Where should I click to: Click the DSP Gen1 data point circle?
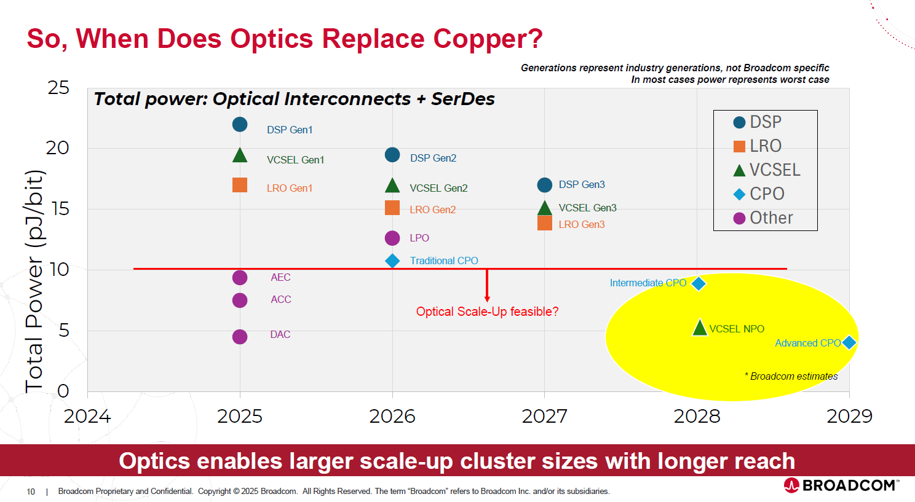tap(240, 124)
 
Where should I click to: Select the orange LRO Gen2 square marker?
tap(392, 208)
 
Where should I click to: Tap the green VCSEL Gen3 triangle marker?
tap(544, 208)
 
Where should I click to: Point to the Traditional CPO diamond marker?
tap(392, 261)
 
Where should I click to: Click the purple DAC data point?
tap(240, 337)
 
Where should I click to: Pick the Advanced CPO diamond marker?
tap(849, 342)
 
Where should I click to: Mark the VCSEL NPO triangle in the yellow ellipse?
tap(700, 327)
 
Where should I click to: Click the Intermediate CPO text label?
tap(648, 283)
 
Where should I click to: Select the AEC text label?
tap(280, 278)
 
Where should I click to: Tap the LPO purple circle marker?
tap(392, 238)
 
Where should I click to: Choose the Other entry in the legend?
tap(763, 218)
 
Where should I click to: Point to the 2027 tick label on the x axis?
tap(544, 417)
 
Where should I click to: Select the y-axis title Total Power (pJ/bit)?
tap(34, 281)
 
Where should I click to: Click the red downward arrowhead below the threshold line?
tap(487, 299)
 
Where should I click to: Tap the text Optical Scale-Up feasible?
tap(487, 312)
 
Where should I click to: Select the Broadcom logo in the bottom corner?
tap(841, 485)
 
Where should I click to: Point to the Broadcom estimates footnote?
tap(791, 376)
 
